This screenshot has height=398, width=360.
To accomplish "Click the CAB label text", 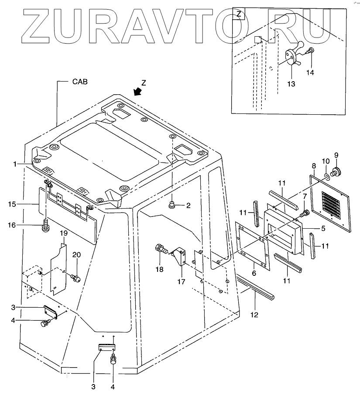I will tap(80, 82).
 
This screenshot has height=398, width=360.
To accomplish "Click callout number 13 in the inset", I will tap(291, 83).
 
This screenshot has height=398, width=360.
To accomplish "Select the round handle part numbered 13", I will tap(291, 57).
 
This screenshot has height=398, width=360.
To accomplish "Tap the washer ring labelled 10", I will tap(326, 177).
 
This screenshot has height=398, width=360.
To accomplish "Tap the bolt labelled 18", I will tap(160, 251).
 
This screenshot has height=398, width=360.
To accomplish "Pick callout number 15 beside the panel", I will tap(12, 203).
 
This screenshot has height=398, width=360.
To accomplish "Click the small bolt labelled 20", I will tap(76, 277).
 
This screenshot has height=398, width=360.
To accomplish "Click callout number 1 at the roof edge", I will tap(15, 164).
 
